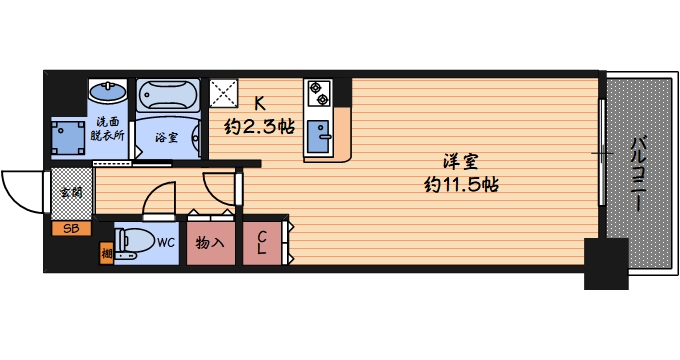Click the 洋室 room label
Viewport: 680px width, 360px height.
pos(460,160)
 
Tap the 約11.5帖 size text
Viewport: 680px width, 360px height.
pos(461,185)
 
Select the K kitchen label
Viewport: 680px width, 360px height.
pos(259,103)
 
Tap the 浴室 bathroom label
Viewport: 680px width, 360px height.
pos(168,138)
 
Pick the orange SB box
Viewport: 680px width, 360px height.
pos(71,229)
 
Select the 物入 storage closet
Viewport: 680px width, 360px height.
pos(210,242)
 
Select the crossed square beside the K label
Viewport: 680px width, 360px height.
pos(224,94)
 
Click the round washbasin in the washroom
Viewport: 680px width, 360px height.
pos(106,93)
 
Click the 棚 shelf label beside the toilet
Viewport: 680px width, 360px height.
pos(106,253)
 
